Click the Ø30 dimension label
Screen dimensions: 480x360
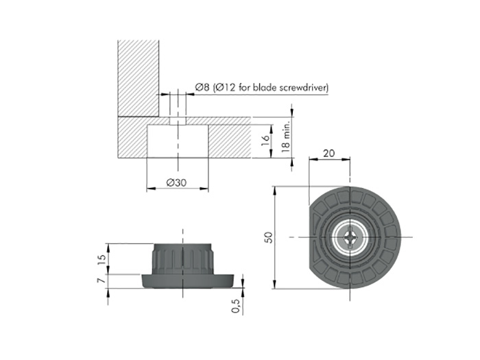[x=176, y=183]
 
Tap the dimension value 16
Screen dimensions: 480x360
[x=265, y=141]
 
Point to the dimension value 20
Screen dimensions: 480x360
[x=329, y=153]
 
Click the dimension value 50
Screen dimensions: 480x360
[x=268, y=237]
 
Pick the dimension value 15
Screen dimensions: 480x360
[x=103, y=259]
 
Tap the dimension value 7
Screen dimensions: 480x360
[x=102, y=280]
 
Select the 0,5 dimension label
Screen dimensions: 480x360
[x=235, y=306]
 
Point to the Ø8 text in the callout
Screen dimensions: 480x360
[x=202, y=88]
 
